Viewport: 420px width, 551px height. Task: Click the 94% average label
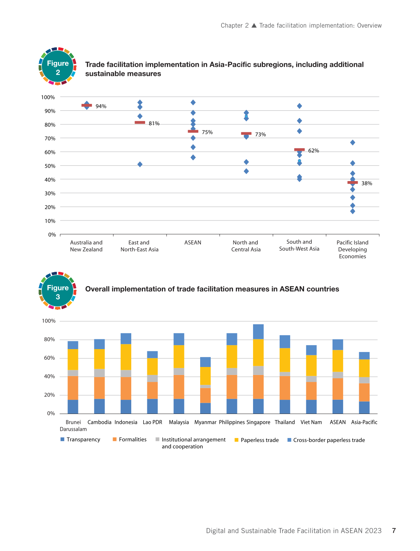point(101,106)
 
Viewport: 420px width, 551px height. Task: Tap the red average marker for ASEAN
point(193,131)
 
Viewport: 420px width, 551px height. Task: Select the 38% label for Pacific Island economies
point(367,183)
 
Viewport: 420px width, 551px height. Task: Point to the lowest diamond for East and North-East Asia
point(140,164)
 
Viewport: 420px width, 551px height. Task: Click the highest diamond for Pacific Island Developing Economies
point(353,142)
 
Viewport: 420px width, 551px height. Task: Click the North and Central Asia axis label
point(246,246)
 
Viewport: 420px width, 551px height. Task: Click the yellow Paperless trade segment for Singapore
point(258,352)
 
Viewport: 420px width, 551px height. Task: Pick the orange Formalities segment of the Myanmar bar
point(205,395)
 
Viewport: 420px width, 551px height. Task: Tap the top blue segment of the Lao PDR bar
point(152,355)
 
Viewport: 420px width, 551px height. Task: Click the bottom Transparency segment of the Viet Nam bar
point(311,407)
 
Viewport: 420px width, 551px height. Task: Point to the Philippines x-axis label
point(232,422)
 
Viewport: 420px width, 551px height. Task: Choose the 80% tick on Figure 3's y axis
point(49,339)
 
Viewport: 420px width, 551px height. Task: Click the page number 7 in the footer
point(394,531)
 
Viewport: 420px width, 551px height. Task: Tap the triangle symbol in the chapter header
point(254,26)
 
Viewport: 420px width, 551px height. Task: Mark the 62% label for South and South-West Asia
point(314,151)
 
